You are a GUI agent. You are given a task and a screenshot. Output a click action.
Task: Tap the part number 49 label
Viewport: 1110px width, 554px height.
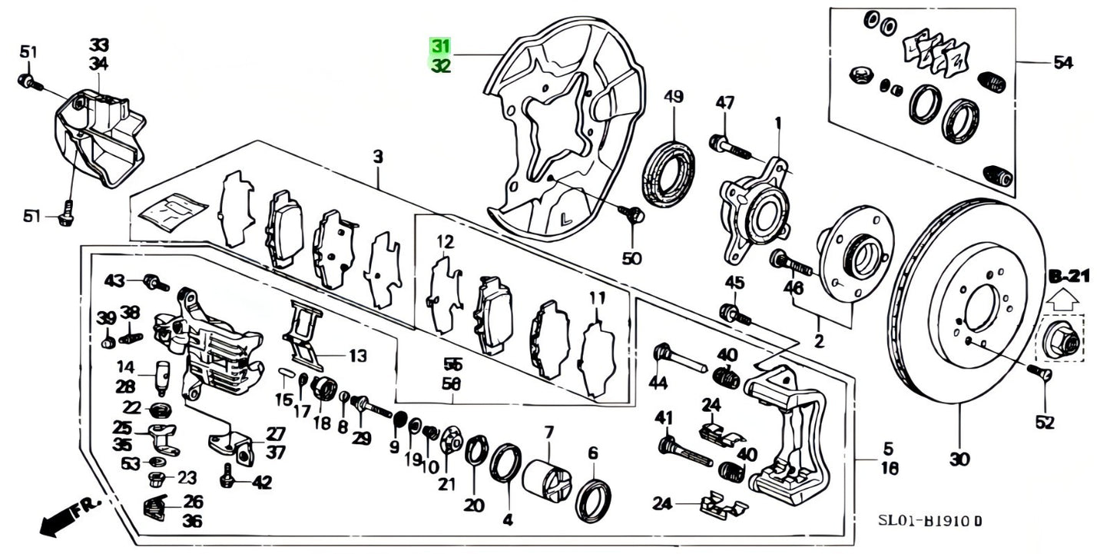(673, 97)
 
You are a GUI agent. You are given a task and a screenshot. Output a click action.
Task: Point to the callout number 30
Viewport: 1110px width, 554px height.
(959, 460)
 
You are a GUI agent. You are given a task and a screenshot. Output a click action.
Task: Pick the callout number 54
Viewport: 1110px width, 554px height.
(1062, 64)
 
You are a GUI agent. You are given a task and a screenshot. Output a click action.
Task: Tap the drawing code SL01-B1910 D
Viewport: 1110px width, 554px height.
(930, 522)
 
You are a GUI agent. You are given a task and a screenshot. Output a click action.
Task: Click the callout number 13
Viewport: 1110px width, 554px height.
(357, 356)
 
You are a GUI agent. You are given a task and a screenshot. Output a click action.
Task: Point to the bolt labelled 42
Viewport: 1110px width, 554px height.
(227, 476)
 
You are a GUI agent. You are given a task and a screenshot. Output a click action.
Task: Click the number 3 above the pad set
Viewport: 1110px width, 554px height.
(378, 158)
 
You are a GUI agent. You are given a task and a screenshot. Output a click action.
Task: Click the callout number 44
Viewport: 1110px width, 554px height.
(658, 383)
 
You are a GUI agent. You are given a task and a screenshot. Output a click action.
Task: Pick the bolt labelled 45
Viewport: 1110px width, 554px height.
(734, 313)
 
